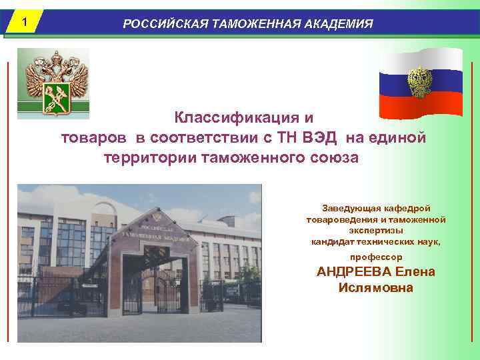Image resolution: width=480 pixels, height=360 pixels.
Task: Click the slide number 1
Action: [x=23, y=22]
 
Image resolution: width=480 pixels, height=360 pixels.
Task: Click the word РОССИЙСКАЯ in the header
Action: [x=164, y=24]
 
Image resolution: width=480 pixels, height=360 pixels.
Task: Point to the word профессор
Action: [x=376, y=256]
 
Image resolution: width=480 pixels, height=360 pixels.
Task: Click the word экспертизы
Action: [x=376, y=229]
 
